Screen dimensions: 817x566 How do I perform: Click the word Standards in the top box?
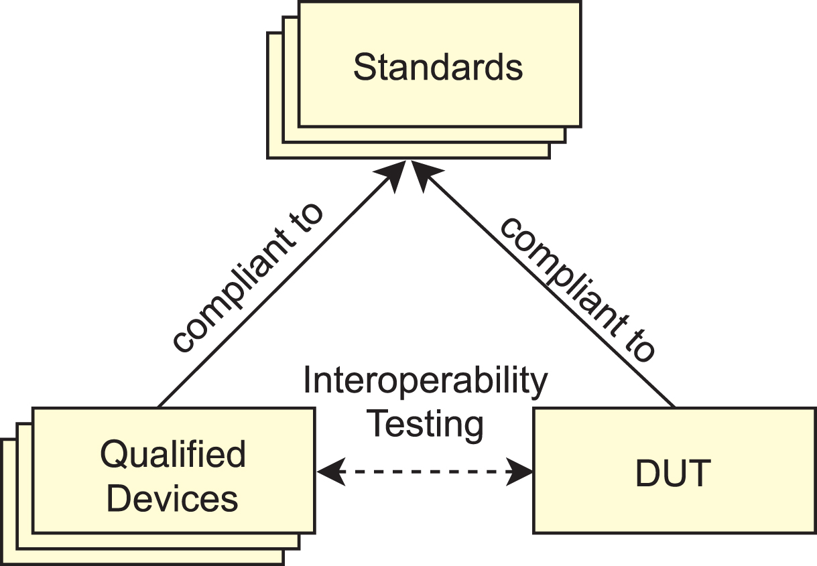point(438,67)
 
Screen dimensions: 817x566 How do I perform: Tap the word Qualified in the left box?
point(173,455)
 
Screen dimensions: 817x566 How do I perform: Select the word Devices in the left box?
point(172,498)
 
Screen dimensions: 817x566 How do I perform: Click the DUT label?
point(674,473)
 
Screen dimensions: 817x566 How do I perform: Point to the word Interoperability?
point(426,382)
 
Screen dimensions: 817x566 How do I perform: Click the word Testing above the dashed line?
point(426,425)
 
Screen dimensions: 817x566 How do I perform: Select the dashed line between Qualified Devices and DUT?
point(425,472)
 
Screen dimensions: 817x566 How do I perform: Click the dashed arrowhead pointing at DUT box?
point(519,472)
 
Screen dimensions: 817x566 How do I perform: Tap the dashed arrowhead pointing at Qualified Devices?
point(331,472)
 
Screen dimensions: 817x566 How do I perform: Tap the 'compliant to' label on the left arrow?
point(248,278)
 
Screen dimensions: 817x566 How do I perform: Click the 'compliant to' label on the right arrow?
point(578,290)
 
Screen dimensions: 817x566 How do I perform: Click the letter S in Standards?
point(365,67)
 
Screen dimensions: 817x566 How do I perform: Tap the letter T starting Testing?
point(378,423)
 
